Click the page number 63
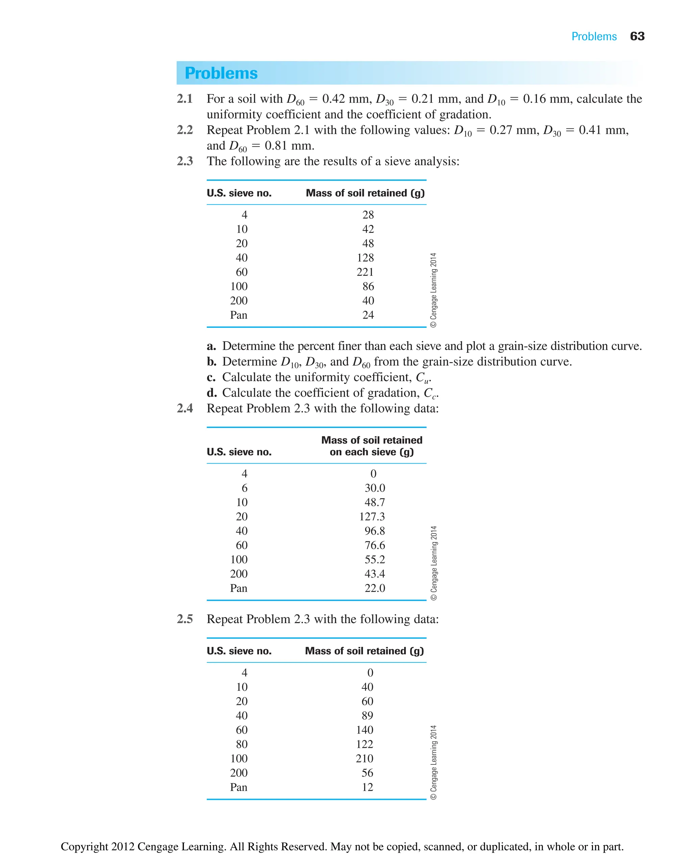click(x=637, y=36)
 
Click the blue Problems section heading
click(x=221, y=73)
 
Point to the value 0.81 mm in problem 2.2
click(x=289, y=146)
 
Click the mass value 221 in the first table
click(x=365, y=272)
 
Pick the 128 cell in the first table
click(x=365, y=258)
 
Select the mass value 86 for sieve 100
click(x=368, y=286)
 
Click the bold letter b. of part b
click(x=212, y=362)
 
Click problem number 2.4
click(x=185, y=408)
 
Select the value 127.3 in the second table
click(x=372, y=516)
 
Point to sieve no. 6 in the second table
click(x=244, y=488)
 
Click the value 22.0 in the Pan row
click(x=374, y=588)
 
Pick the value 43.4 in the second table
click(x=374, y=574)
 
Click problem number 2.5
click(x=185, y=619)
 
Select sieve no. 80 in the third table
click(x=242, y=744)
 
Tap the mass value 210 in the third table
click(x=364, y=758)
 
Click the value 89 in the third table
click(x=367, y=715)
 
